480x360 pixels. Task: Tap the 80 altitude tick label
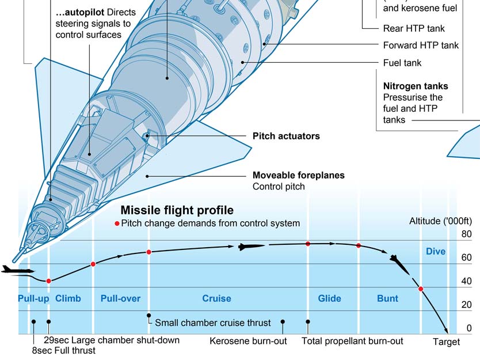click(466, 234)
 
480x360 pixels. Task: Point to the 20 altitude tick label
click(466, 305)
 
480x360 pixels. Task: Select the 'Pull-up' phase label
click(33, 298)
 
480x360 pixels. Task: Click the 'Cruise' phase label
click(216, 298)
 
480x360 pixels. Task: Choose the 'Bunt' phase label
click(387, 298)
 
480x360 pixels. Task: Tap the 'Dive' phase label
click(436, 252)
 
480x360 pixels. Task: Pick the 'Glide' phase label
click(329, 298)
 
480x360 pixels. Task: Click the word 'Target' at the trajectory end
click(446, 342)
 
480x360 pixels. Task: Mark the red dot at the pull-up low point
click(49, 281)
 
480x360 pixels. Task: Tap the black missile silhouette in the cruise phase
click(251, 247)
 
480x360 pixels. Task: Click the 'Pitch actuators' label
click(286, 137)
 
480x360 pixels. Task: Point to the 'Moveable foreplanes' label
click(298, 175)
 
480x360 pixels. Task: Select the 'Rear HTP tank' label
click(413, 28)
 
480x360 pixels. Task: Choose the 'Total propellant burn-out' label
click(352, 341)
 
